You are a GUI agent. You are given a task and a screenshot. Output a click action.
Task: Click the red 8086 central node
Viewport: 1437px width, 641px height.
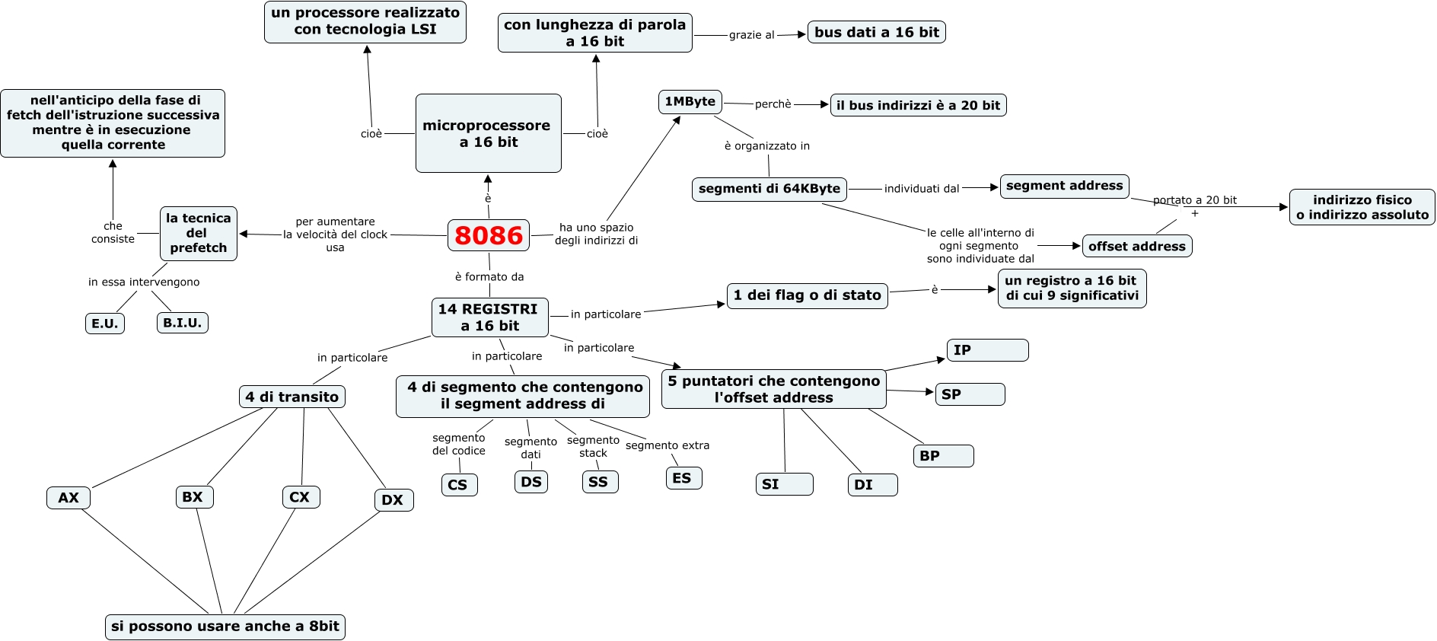pyautogui.click(x=489, y=235)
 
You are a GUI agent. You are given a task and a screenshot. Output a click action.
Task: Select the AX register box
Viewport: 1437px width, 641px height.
pyautogui.click(x=69, y=497)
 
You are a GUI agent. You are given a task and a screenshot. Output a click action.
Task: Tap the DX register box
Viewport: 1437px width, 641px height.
pyautogui.click(x=393, y=499)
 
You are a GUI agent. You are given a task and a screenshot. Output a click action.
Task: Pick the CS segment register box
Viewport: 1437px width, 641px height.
pyautogui.click(x=458, y=484)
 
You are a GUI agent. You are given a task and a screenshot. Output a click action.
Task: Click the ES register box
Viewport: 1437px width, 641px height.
pyautogui.click(x=683, y=478)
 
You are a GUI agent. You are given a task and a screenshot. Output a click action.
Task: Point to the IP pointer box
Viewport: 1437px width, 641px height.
pyautogui.click(x=987, y=350)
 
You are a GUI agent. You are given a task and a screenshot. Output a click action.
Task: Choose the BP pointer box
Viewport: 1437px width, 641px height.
pyautogui.click(x=943, y=456)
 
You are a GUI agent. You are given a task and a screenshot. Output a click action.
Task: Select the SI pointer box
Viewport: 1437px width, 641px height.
pyautogui.click(x=784, y=484)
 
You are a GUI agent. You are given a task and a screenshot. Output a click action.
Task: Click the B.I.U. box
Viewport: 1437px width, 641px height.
pyautogui.click(x=183, y=323)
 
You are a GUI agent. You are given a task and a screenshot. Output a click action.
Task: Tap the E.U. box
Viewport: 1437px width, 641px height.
pyautogui.click(x=105, y=324)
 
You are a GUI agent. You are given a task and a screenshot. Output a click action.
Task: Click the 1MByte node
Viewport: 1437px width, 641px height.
pyautogui.click(x=690, y=102)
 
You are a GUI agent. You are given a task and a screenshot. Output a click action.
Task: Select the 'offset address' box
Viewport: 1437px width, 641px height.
pyautogui.click(x=1136, y=246)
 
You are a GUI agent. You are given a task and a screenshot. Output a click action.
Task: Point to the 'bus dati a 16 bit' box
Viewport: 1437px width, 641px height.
pyautogui.click(x=876, y=32)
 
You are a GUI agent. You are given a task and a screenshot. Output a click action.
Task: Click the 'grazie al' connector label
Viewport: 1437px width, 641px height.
pyautogui.click(x=751, y=35)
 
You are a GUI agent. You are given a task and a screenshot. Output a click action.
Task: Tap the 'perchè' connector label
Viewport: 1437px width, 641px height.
pyautogui.click(x=773, y=104)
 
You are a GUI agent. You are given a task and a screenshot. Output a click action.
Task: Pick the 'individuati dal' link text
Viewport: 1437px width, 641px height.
pyautogui.click(x=922, y=188)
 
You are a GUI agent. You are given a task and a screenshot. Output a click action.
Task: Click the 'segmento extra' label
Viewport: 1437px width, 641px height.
pyautogui.click(x=668, y=445)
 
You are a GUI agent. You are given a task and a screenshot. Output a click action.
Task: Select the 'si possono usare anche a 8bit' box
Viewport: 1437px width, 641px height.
pyautogui.click(x=225, y=627)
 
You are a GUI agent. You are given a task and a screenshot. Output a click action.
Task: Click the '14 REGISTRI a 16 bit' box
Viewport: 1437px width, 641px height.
pyautogui.click(x=489, y=317)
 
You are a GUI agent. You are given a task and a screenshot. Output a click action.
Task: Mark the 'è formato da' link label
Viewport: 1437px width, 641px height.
pyautogui.click(x=489, y=277)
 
